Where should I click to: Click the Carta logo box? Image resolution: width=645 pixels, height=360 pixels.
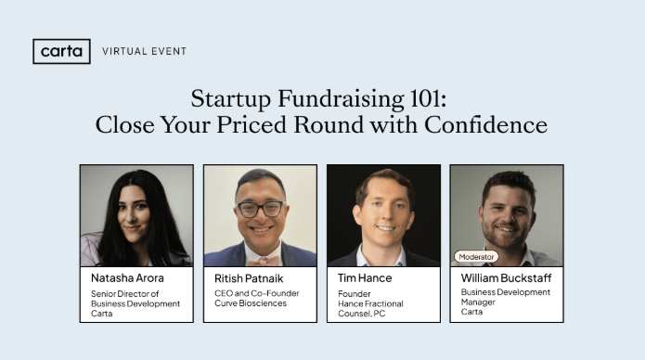61,51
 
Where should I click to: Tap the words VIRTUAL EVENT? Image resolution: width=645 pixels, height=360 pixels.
144,51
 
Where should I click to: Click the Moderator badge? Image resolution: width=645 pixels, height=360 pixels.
477,256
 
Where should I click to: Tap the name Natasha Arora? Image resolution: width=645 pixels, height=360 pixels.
127,277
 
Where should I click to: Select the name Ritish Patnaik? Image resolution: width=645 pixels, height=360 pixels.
249,277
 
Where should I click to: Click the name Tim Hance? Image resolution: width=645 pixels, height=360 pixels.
365,277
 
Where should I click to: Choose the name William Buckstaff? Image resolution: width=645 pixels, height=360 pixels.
506,277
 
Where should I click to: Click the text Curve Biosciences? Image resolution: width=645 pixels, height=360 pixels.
250,302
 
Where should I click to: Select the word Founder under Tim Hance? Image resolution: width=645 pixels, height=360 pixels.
353,292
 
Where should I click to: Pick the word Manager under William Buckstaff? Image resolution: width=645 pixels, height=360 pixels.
479,302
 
